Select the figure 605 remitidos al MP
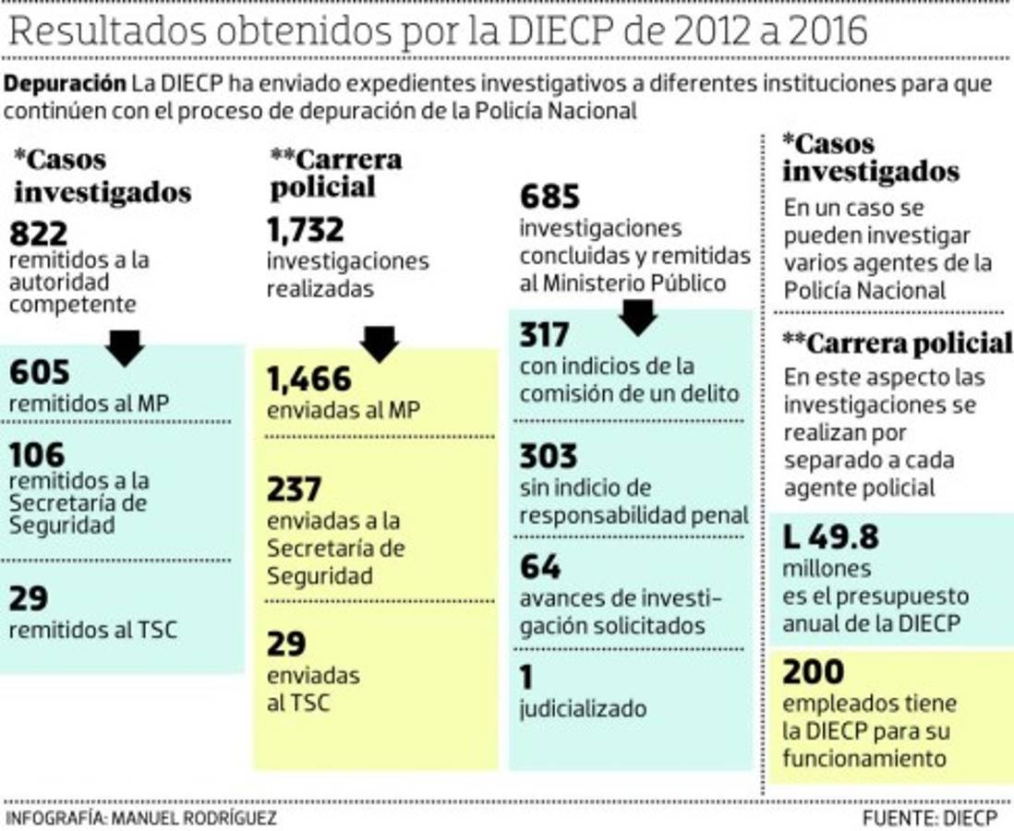click(40, 373)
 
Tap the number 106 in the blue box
click(38, 454)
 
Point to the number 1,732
click(305, 229)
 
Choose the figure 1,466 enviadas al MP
click(309, 379)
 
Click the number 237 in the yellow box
click(294, 489)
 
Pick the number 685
click(549, 197)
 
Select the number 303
click(548, 456)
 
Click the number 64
click(540, 566)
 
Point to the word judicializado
click(582, 709)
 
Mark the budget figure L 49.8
click(830, 536)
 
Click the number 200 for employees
click(813, 672)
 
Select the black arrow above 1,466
click(379, 343)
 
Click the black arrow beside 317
click(637, 316)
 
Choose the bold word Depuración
click(65, 83)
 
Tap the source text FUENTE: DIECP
click(930, 818)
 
